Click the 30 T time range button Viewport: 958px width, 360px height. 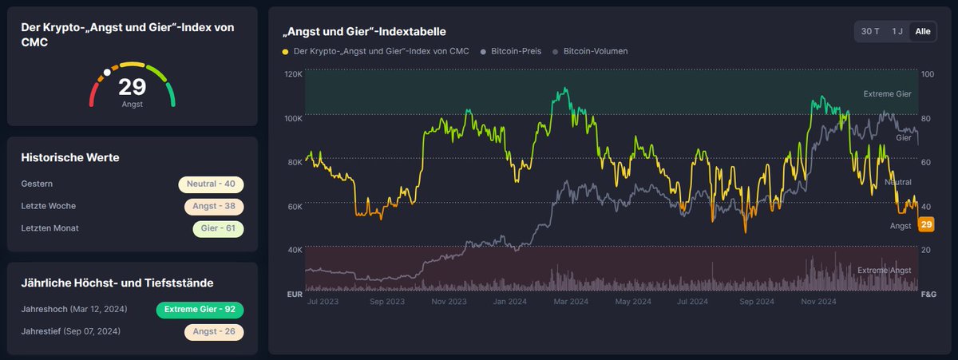[x=870, y=31]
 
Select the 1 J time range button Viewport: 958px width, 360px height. [x=897, y=31]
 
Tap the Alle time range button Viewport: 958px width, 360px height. [x=923, y=31]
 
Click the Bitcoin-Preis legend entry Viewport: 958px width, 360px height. [x=515, y=51]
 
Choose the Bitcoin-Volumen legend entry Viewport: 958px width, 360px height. [x=595, y=51]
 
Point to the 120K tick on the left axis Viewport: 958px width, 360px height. [x=293, y=74]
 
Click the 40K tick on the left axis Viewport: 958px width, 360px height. [x=294, y=250]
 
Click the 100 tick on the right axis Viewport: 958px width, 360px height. [x=926, y=74]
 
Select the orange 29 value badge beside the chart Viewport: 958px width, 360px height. [x=927, y=225]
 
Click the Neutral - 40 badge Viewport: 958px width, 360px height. [x=211, y=184]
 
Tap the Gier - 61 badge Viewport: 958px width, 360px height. [x=217, y=228]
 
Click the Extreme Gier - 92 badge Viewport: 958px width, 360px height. [x=200, y=310]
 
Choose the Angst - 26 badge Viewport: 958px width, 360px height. [x=213, y=331]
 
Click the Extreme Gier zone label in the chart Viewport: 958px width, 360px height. [x=887, y=94]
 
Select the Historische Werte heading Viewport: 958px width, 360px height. [x=70, y=158]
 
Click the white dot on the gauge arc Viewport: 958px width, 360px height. [x=107, y=72]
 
